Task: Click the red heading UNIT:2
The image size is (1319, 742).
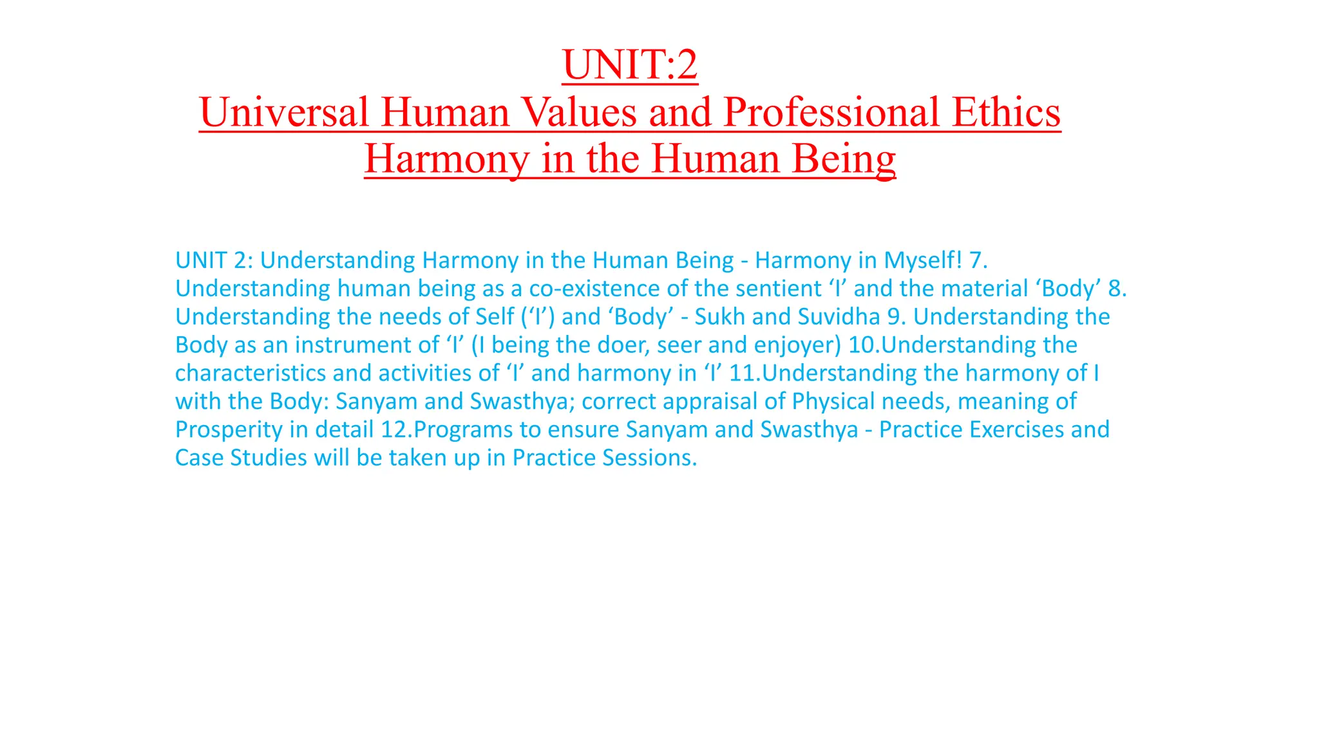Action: point(629,65)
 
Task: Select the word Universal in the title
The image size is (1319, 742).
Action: point(284,112)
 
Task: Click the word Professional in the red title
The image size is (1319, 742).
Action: point(831,112)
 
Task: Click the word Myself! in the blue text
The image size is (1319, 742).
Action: point(923,260)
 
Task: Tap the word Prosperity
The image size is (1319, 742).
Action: point(229,430)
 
